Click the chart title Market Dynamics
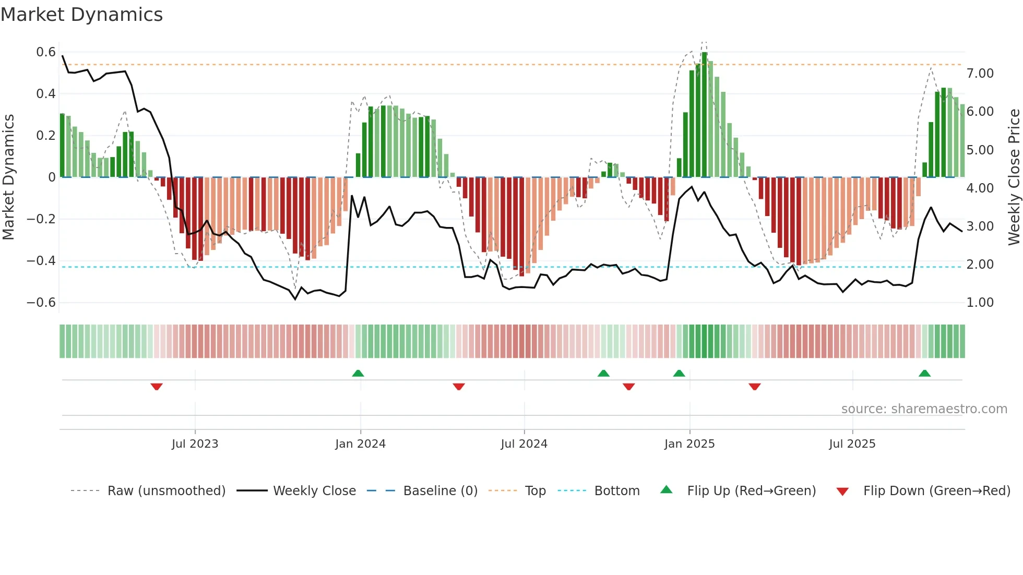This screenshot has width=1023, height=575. pyautogui.click(x=81, y=15)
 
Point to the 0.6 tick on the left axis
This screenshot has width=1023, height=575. pyautogui.click(x=46, y=52)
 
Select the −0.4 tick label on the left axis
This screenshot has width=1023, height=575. pyautogui.click(x=41, y=261)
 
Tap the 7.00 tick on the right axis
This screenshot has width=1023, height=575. pyautogui.click(x=980, y=74)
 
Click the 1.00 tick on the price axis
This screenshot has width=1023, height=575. pyautogui.click(x=980, y=303)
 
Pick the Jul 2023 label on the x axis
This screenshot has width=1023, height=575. pyautogui.click(x=195, y=444)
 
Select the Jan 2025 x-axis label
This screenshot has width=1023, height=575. pyautogui.click(x=689, y=444)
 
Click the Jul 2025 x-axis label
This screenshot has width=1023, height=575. pyautogui.click(x=852, y=444)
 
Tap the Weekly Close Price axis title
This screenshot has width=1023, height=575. pyautogui.click(x=1014, y=177)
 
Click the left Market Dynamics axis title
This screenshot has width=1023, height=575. pyautogui.click(x=8, y=177)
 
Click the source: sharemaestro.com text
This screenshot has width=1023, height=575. pyautogui.click(x=924, y=409)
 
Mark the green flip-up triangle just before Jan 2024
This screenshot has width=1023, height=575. pyautogui.click(x=358, y=374)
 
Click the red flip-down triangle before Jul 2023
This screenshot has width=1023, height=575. pyautogui.click(x=157, y=387)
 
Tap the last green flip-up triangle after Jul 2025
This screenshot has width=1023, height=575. pyautogui.click(x=924, y=374)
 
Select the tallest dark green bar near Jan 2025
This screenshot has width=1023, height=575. pyautogui.click(x=705, y=115)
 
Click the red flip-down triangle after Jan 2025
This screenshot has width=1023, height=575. pyautogui.click(x=754, y=387)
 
